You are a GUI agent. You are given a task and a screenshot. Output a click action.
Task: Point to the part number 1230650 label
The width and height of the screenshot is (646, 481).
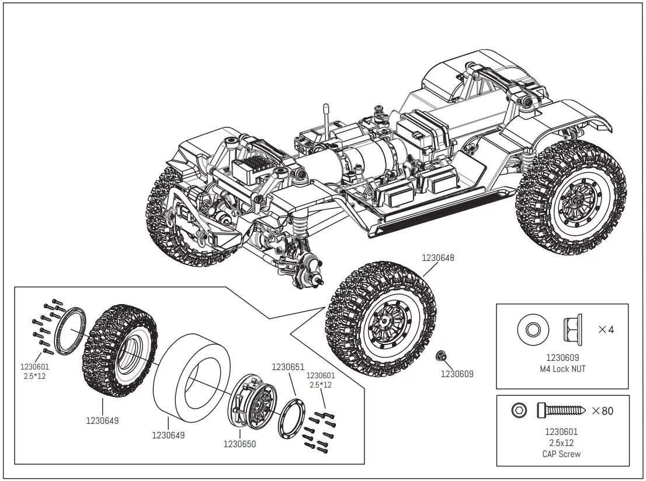[239, 444]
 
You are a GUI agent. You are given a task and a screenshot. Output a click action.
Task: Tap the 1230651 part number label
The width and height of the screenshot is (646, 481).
[288, 367]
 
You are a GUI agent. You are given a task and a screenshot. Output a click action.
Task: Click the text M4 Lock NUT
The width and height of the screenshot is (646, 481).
[562, 369]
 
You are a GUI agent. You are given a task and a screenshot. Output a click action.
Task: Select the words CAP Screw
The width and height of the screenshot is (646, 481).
[562, 454]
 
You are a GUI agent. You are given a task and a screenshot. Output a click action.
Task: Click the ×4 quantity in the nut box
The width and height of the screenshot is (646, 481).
[606, 329]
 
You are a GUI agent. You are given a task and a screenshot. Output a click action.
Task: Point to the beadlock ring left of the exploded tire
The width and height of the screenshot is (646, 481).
[70, 331]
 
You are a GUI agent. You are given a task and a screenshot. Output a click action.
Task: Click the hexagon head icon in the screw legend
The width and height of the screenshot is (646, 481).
[518, 411]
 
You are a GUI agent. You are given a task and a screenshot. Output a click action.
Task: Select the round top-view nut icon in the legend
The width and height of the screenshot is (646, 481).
[533, 330]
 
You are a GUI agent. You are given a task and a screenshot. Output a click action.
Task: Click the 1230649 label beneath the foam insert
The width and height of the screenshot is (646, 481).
[168, 435]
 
